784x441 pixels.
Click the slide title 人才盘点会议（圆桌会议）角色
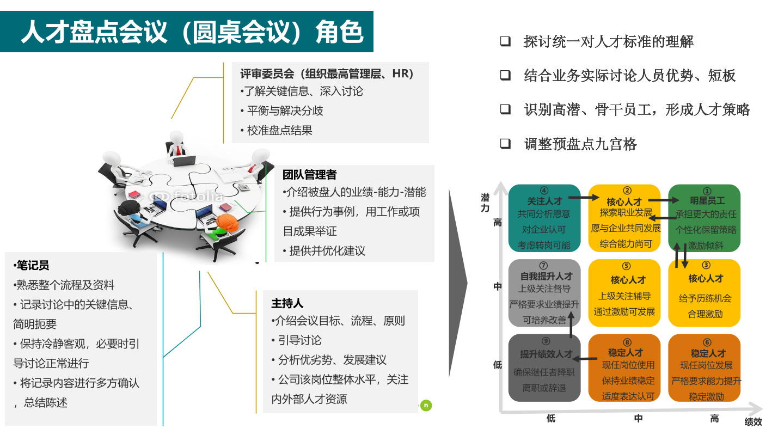pyautogui.click(x=192, y=32)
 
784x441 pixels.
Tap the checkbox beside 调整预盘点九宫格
pyautogui.click(x=505, y=144)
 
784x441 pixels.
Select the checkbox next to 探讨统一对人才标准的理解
pyautogui.click(x=505, y=41)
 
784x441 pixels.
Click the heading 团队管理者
pyautogui.click(x=310, y=174)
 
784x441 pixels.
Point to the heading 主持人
pyautogui.click(x=287, y=303)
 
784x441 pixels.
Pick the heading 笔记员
pyautogui.click(x=32, y=265)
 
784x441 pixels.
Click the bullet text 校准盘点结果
pyautogui.click(x=280, y=130)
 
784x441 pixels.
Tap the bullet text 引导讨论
pyautogui.click(x=299, y=340)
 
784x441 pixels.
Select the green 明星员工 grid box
pyautogui.click(x=704, y=218)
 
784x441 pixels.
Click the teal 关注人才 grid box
pyautogui.click(x=544, y=218)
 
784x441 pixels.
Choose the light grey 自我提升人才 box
pyautogui.click(x=544, y=293)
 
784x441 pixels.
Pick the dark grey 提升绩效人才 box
pyautogui.click(x=544, y=367)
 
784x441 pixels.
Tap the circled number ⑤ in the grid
pyautogui.click(x=626, y=266)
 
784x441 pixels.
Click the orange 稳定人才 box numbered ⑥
pyautogui.click(x=704, y=367)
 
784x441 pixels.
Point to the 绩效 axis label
pyautogui.click(x=753, y=422)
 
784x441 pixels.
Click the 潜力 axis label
pyautogui.click(x=485, y=203)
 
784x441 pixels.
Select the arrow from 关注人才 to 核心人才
pyautogui.click(x=584, y=198)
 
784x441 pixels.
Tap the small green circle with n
pyautogui.click(x=426, y=405)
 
